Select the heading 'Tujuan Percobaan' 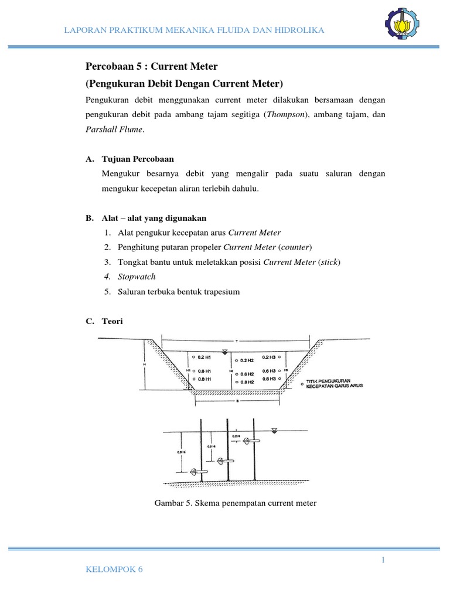pyautogui.click(x=138, y=159)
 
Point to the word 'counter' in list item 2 pyautogui.click(x=294, y=247)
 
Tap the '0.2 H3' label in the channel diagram pyautogui.click(x=269, y=356)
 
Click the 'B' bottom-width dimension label pyautogui.click(x=237, y=402)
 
